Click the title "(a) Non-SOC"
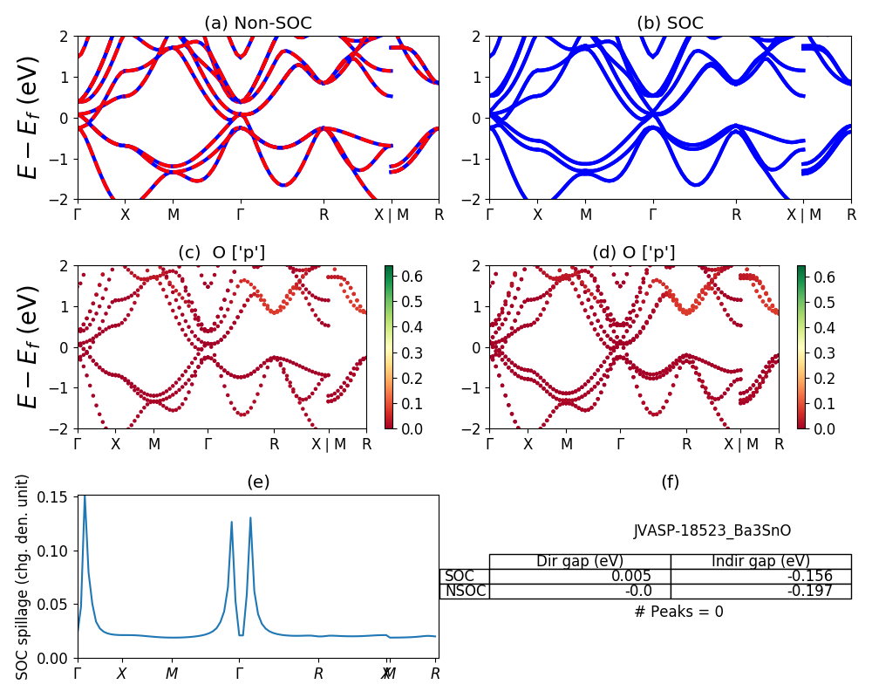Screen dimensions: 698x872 [257, 24]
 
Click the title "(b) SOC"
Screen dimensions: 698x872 [670, 24]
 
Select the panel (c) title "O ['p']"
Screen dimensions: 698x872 [221, 253]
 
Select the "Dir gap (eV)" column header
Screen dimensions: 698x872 [580, 561]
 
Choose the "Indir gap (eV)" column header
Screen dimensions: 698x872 [760, 561]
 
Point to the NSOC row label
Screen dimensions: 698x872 [465, 591]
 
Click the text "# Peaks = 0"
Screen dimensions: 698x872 [678, 612]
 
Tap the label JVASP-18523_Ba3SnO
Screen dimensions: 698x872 [712, 530]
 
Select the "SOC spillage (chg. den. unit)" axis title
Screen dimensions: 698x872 [24, 576]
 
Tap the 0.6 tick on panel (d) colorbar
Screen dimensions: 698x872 [824, 277]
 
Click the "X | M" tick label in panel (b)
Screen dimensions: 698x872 [807, 215]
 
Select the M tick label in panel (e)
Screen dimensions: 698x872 [172, 674]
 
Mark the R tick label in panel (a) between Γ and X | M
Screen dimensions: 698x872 [324, 215]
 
